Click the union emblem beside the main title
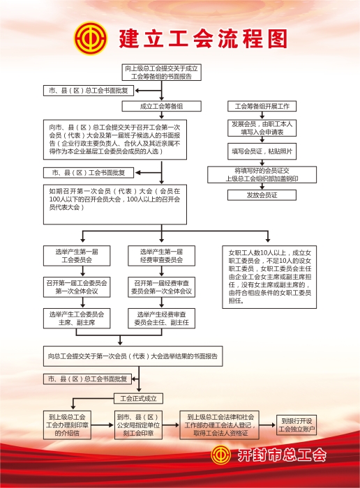pos(91,38)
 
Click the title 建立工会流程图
pos(203,39)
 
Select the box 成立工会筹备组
pos(161,106)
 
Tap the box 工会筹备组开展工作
pos(262,106)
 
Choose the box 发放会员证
pos(262,195)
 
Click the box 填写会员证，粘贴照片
pos(262,151)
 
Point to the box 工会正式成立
pos(139,398)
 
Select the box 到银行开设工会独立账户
pos(297,425)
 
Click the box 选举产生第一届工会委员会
pos(77,256)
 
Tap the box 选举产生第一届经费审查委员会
pos(161,256)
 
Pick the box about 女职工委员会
pos(269,277)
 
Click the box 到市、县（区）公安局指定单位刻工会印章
pos(138,425)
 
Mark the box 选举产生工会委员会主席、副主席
pos(77,319)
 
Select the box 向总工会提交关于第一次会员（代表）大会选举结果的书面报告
pos(133,356)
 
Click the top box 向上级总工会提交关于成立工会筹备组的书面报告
pos(161,73)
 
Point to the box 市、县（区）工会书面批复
pos(89,173)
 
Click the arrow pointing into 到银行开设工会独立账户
pos(267,425)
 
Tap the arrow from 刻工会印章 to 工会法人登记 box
pos(171,425)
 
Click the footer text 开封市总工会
pos(282,455)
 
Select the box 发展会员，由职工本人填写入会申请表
pos(262,128)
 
